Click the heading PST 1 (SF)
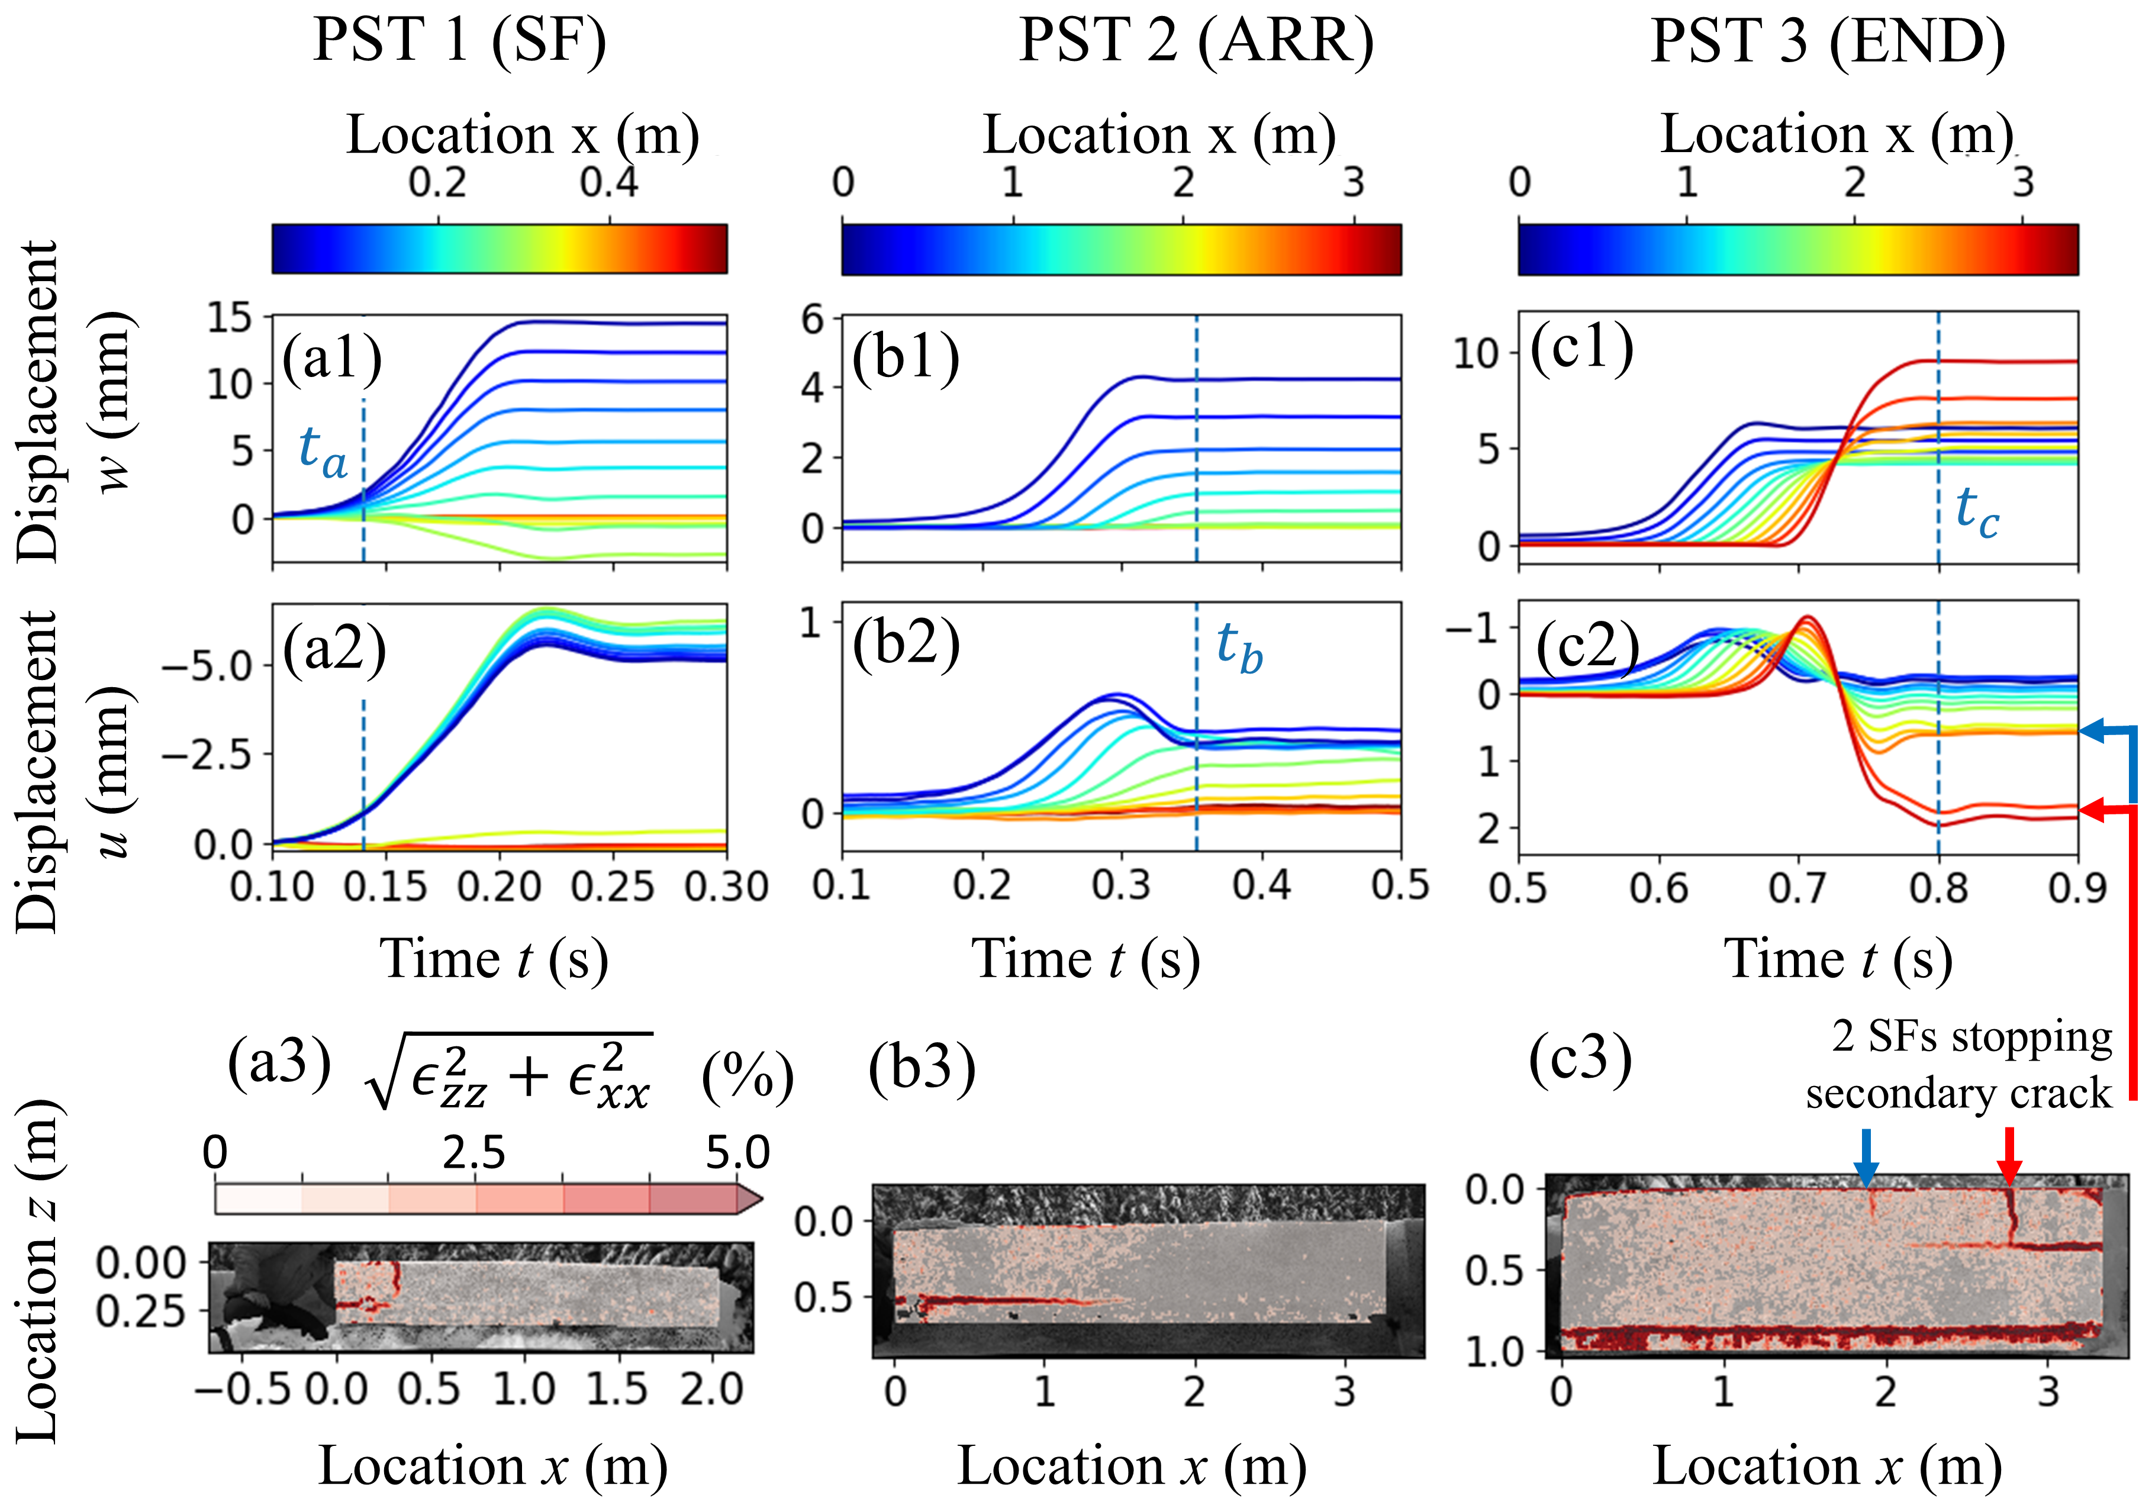(459, 41)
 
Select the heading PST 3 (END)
(1828, 41)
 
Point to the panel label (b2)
(906, 645)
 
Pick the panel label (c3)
(1580, 1059)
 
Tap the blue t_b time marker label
(1239, 647)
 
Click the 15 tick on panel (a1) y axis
(230, 318)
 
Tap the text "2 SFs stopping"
(1972, 1037)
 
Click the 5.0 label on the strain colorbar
(737, 1153)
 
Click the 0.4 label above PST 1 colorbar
(609, 182)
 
